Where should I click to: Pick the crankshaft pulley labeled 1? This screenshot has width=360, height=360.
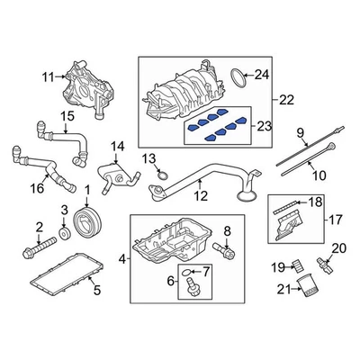click(87, 222)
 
